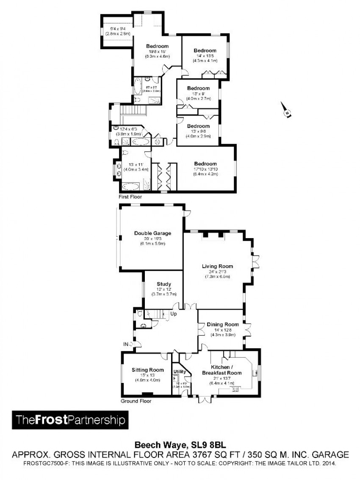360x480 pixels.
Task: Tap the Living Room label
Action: [x=217, y=266]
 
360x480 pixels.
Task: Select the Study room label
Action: [x=163, y=284]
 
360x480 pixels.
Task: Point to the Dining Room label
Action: [x=223, y=325]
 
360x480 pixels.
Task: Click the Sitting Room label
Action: [x=147, y=370]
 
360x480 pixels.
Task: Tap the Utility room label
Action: [x=180, y=372]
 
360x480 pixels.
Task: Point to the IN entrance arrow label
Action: [x=126, y=344]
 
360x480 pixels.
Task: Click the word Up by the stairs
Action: [x=174, y=314]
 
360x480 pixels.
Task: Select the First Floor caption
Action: [x=130, y=197]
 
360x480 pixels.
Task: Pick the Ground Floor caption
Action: [x=136, y=401]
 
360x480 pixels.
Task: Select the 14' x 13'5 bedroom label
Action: [x=205, y=55]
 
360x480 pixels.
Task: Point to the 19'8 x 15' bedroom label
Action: [x=158, y=51]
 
